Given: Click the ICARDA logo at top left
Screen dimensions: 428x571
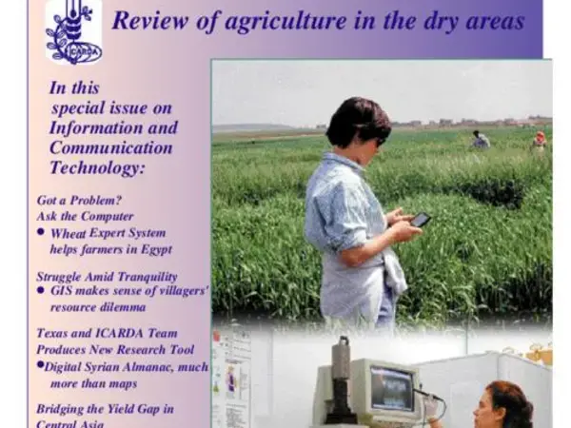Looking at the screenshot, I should pyautogui.click(x=73, y=30).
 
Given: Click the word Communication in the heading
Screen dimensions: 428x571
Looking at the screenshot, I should pyautogui.click(x=111, y=147).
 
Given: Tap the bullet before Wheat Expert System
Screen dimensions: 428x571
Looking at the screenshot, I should pyautogui.click(x=41, y=232).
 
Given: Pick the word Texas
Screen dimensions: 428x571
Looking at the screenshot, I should pyautogui.click(x=54, y=334).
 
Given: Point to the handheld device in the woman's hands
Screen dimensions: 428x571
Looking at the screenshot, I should pyautogui.click(x=421, y=220).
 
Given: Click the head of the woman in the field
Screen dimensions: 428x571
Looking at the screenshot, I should pyautogui.click(x=360, y=122).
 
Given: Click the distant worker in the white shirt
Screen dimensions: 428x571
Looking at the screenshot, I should pyautogui.click(x=481, y=141).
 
